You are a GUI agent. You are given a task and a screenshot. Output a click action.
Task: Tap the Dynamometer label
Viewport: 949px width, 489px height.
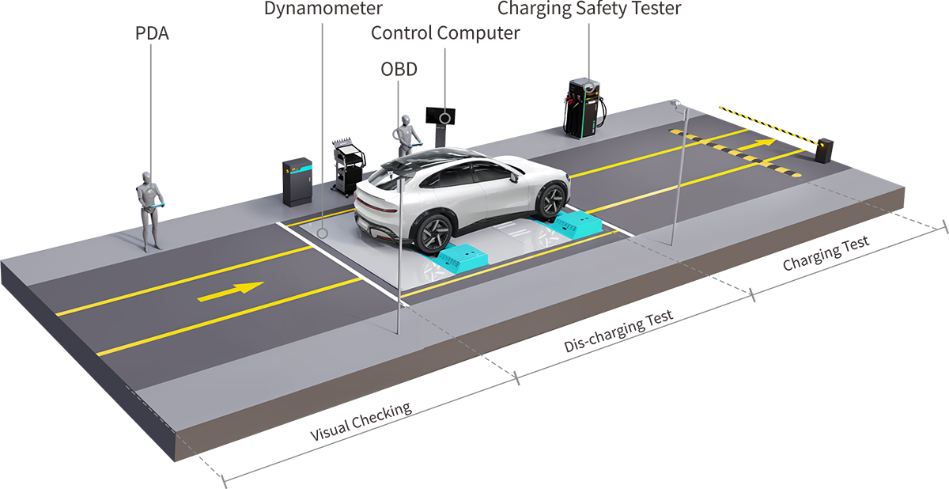coord(323,9)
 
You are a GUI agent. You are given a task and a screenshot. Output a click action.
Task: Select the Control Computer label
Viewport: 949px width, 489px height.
coord(445,33)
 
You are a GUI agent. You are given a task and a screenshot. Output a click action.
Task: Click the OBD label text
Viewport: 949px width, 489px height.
coord(399,69)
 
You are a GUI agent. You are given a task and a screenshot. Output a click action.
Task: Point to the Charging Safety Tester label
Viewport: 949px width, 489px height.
coord(588,9)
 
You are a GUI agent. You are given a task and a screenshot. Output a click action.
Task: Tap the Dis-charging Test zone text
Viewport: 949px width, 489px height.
coord(618,332)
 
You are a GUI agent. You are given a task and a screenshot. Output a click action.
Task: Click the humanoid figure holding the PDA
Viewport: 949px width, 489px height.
coord(148,207)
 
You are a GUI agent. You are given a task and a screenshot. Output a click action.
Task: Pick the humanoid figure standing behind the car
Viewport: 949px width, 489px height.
coord(406,135)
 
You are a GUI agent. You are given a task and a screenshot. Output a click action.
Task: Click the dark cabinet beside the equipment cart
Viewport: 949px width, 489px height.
coord(299,182)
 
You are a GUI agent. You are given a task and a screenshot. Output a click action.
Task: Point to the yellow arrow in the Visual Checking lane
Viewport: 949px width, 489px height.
coord(230,291)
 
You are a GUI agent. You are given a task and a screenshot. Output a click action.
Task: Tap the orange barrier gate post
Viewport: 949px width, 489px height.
coord(825,150)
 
